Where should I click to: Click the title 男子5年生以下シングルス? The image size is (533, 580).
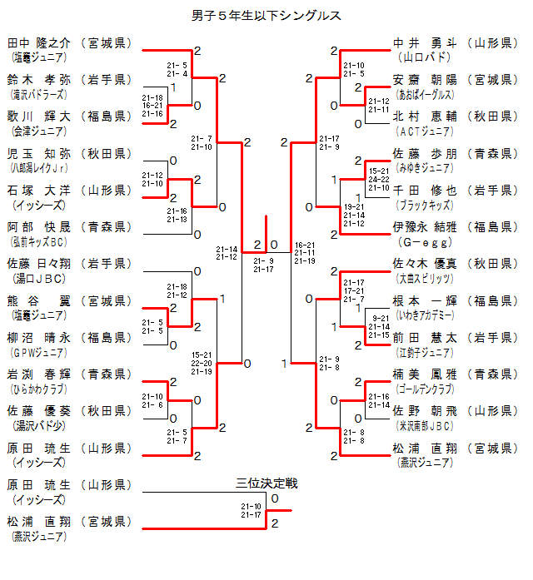point(266,15)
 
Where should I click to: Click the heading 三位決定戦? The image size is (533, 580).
point(266,483)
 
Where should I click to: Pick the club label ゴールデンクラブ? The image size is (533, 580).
point(426,388)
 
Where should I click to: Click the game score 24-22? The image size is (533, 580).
point(378,179)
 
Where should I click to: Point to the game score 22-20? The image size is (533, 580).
point(202,363)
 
